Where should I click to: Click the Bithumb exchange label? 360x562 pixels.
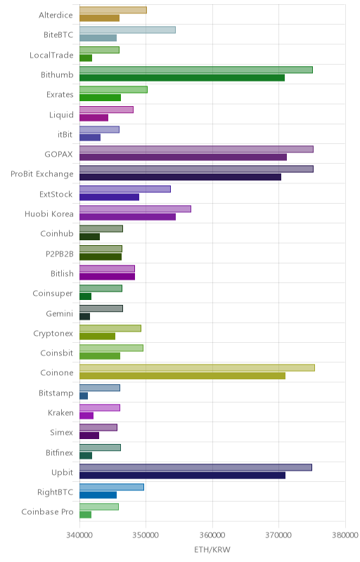tap(57, 75)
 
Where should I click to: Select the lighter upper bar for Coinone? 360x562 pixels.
tap(197, 367)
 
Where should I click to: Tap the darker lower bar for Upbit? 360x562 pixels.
tap(183, 476)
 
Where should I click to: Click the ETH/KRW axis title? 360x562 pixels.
tap(212, 550)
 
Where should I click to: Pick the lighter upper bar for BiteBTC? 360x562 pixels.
tap(128, 30)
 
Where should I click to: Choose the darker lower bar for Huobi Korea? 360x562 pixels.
tap(128, 217)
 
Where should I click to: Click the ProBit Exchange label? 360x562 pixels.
tap(42, 174)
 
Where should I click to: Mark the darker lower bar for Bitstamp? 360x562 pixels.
tap(84, 396)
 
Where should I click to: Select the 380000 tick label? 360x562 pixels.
tap(345, 535)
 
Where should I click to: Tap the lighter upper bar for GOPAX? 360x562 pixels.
tap(196, 149)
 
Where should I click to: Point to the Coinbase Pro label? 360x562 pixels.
tap(47, 512)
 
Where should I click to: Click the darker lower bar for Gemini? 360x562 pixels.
tap(84, 317)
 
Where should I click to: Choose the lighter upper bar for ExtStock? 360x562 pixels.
tap(125, 189)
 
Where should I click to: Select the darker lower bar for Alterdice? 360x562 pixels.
tap(99, 18)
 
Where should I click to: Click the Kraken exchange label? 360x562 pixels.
tap(60, 413)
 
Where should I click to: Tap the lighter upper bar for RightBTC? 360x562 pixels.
tap(112, 487)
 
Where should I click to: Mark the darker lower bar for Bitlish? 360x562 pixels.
tap(107, 276)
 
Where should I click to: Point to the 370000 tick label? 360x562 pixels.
tap(278, 535)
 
